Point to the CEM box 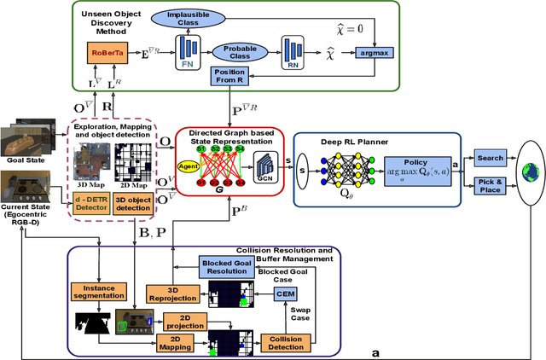coord(284,293)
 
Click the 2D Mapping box coord(179,343)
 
